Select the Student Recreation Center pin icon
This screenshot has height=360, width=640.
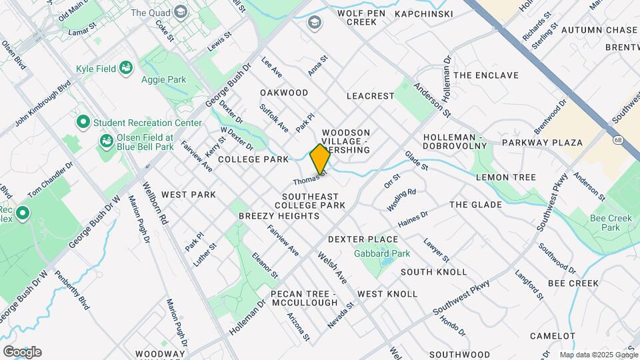tap(83, 123)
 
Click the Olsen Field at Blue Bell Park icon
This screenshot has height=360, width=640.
tap(106, 141)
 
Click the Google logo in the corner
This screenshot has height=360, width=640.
tap(22, 352)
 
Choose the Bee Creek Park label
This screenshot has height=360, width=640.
tap(605, 223)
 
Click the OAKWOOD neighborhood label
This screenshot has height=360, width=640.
tap(284, 93)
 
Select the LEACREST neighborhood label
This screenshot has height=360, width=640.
tap(371, 96)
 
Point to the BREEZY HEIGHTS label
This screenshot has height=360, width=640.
tap(267, 217)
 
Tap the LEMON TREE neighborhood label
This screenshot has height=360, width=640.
tap(506, 177)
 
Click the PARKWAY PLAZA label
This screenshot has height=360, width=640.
tap(542, 143)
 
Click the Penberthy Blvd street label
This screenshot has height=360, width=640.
tap(72, 289)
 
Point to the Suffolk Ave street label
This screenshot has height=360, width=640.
tap(274, 117)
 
